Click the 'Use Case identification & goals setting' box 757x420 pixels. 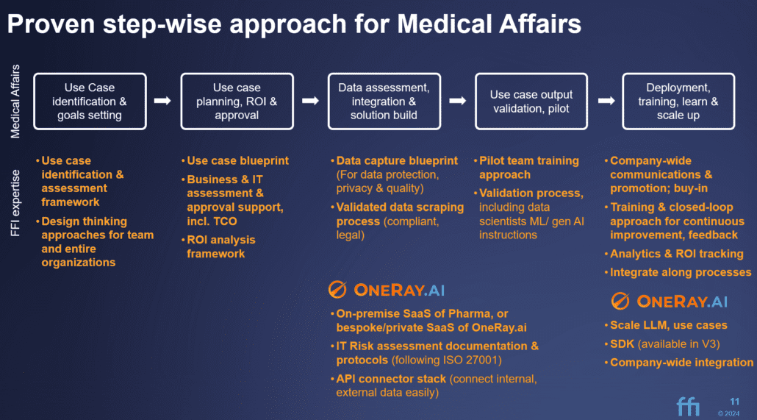pos(90,102)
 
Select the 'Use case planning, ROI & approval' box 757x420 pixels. pos(237,102)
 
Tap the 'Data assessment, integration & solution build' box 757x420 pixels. pos(384,102)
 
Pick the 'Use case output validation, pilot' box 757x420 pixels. pos(531,102)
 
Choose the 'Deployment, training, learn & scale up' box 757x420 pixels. pos(678,102)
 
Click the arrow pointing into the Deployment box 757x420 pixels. pos(606,101)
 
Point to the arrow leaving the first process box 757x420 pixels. pos(162,101)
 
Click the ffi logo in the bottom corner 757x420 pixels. pos(689,405)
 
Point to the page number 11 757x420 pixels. pos(734,401)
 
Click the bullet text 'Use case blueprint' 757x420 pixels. pos(237,160)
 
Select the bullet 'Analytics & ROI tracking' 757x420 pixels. pos(676,254)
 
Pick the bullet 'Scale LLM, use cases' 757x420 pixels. pos(668,325)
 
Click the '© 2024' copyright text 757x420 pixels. pos(730,413)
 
